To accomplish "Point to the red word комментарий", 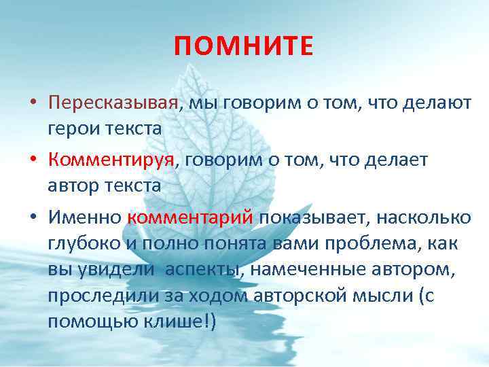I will (189, 217).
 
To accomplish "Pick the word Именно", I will (84, 217).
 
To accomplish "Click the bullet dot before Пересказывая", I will (32, 104).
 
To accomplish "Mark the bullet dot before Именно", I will (32, 218).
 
